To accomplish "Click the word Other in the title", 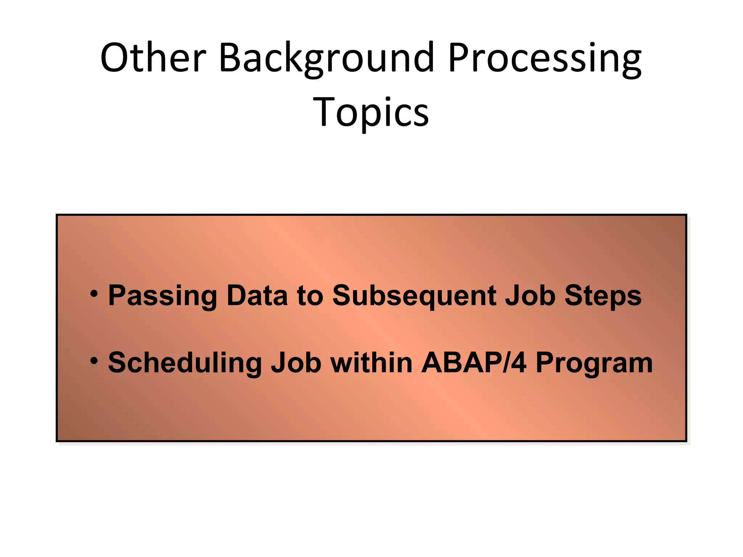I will coord(153,58).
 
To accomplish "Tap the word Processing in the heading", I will coord(544,58).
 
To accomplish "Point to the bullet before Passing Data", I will coord(94,293).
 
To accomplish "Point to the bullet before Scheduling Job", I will coord(94,361).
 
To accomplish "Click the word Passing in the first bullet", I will coord(162,296).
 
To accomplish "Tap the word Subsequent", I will coord(414,296).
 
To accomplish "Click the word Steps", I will coord(603,296).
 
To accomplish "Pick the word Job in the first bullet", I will coord(530,295).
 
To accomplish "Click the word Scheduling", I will coord(185,363).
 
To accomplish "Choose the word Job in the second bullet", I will coord(296,363).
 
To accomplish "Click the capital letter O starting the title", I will coord(115,58).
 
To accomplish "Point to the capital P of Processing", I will coord(458,58).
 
